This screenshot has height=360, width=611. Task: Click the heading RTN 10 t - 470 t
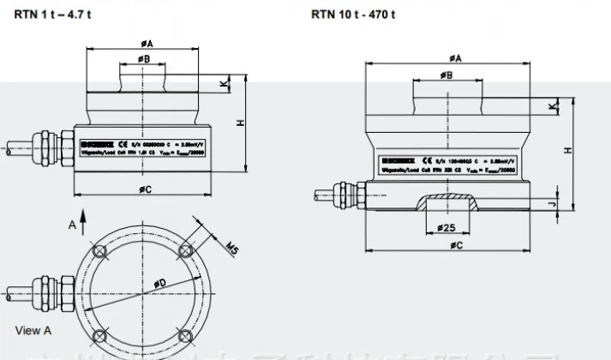coord(354,15)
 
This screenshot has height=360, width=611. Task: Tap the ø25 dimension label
coord(445,228)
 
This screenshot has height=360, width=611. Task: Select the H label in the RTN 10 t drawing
coord(568,150)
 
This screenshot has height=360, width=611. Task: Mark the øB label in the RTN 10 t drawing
coord(446,75)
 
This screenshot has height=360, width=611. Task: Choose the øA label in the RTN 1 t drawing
coord(146,42)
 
